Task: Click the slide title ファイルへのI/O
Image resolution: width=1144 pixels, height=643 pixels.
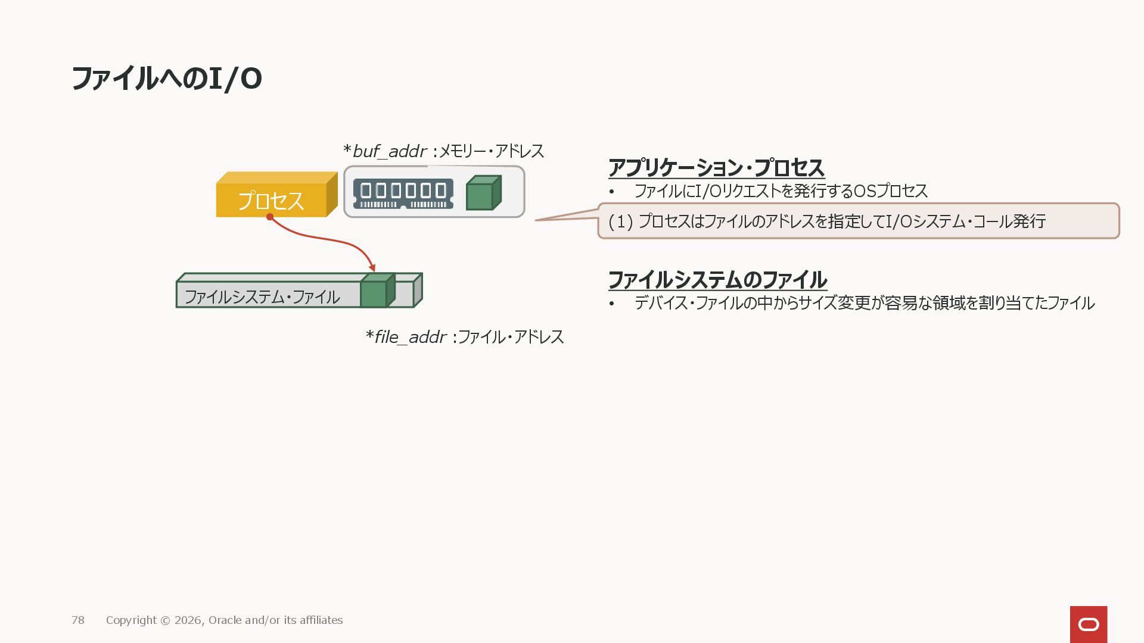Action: (167, 79)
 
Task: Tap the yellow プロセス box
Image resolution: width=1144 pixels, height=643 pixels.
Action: (272, 200)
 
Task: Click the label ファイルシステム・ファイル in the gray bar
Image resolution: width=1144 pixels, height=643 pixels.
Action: (262, 296)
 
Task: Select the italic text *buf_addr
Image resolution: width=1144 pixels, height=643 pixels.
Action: (385, 151)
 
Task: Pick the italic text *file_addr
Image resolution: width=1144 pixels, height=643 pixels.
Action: (406, 337)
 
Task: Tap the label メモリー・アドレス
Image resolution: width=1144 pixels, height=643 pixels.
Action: (492, 151)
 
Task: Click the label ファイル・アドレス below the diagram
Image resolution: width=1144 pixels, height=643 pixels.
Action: (511, 337)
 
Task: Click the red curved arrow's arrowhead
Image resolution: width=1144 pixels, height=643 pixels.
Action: (372, 267)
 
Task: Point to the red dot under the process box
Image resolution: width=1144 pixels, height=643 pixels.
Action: (270, 217)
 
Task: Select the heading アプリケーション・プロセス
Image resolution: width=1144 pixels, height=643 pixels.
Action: (716, 168)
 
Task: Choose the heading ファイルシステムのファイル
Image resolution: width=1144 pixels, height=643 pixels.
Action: (717, 280)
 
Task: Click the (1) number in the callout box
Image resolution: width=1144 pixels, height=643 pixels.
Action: (620, 221)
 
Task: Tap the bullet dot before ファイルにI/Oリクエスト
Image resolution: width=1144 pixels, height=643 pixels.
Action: (611, 192)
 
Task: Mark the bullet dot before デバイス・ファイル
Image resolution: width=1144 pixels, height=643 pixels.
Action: (611, 304)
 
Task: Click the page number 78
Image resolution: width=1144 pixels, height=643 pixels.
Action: (78, 620)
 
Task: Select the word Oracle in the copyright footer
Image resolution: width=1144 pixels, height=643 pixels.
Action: (225, 620)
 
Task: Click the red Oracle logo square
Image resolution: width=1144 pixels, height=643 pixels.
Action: (1089, 624)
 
